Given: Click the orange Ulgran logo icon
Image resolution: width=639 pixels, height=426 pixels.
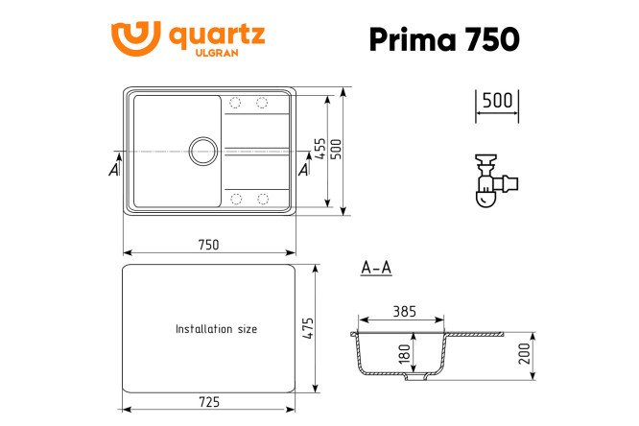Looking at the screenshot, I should coord(134,38).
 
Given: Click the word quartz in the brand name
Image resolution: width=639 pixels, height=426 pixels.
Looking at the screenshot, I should coord(217,35).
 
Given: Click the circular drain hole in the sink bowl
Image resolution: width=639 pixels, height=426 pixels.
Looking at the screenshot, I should coord(202,150).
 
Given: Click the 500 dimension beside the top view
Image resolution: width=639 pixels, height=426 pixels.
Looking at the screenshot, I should coord(337,151).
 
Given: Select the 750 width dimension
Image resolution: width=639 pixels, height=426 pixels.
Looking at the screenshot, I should coord(208,244).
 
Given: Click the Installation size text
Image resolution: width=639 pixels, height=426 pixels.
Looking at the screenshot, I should coord(216,329).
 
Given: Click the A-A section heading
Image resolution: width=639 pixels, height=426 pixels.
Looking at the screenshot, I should coord(376,268).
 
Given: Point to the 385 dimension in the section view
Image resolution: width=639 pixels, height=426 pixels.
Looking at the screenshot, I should coord(404,311).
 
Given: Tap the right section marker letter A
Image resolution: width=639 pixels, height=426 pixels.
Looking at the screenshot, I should coord(304,170).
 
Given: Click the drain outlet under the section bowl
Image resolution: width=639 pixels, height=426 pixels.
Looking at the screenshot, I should coord(414,377).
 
